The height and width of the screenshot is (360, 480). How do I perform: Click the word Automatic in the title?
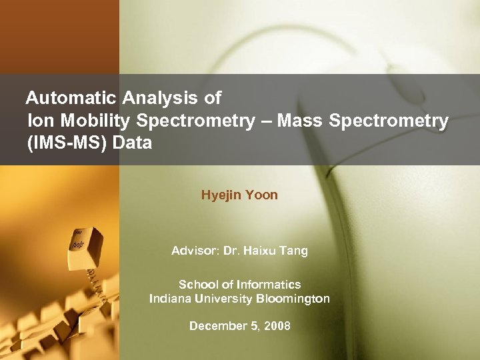pyautogui.click(x=72, y=99)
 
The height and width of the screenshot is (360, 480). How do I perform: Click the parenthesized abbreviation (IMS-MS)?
pyautogui.click(x=65, y=143)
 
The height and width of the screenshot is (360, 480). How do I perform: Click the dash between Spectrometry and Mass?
pyautogui.click(x=265, y=121)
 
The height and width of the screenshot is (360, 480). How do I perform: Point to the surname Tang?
pyautogui.click(x=295, y=252)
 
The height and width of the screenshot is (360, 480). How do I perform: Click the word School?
pyautogui.click(x=197, y=285)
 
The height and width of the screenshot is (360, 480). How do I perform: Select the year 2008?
pyautogui.click(x=277, y=326)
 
